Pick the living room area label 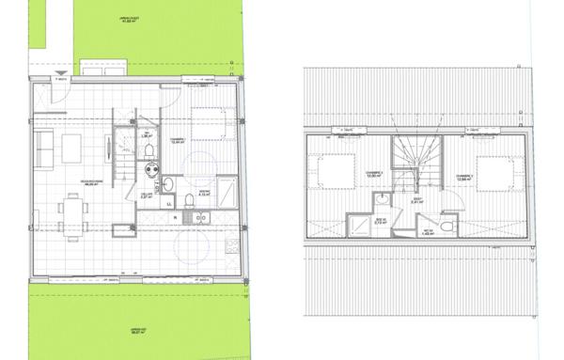(x=92, y=183)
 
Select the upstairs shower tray (x=361, y=223)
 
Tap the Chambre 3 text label (x=463, y=175)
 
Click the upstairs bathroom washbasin (x=384, y=200)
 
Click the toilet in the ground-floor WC (x=150, y=170)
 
